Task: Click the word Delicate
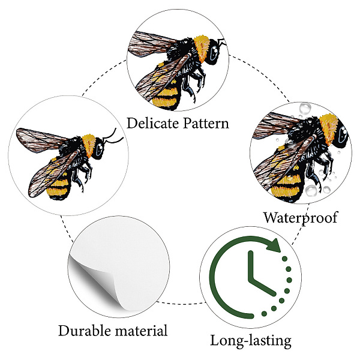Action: point(152,123)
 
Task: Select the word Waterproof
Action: point(301,218)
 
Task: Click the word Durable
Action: point(85,331)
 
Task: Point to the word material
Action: point(141,331)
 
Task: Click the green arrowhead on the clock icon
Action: point(274,245)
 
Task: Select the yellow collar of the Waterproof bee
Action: point(329,128)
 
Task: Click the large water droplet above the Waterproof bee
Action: point(305,109)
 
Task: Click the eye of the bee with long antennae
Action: point(100,149)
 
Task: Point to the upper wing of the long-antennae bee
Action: point(41,139)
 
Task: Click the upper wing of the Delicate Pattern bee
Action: point(152,43)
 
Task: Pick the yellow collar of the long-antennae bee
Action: point(89,145)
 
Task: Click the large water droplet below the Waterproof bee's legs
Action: point(311,190)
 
